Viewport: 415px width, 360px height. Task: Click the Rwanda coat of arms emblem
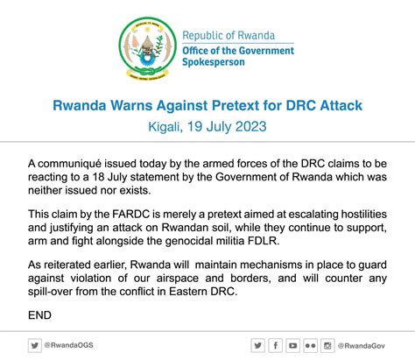(147, 48)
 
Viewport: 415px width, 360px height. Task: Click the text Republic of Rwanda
(229, 36)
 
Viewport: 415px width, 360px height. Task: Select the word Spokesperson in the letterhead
(214, 62)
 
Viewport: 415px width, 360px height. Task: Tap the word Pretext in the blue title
(236, 105)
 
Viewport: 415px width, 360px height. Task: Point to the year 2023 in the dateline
(251, 127)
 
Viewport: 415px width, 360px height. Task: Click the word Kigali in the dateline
(165, 127)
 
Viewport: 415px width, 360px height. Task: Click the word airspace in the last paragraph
(178, 279)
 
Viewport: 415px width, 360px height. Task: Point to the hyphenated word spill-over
(51, 292)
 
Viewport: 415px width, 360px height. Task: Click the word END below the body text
(39, 315)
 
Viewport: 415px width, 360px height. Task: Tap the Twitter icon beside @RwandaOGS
(35, 345)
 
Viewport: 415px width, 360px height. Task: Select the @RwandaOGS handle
(69, 345)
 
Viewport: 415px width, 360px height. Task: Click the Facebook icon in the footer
(275, 346)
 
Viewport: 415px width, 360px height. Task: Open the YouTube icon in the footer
(292, 346)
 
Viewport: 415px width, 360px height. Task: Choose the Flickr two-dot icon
(310, 346)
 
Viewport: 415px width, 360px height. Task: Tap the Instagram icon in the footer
(327, 346)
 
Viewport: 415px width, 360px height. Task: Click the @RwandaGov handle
(362, 346)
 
